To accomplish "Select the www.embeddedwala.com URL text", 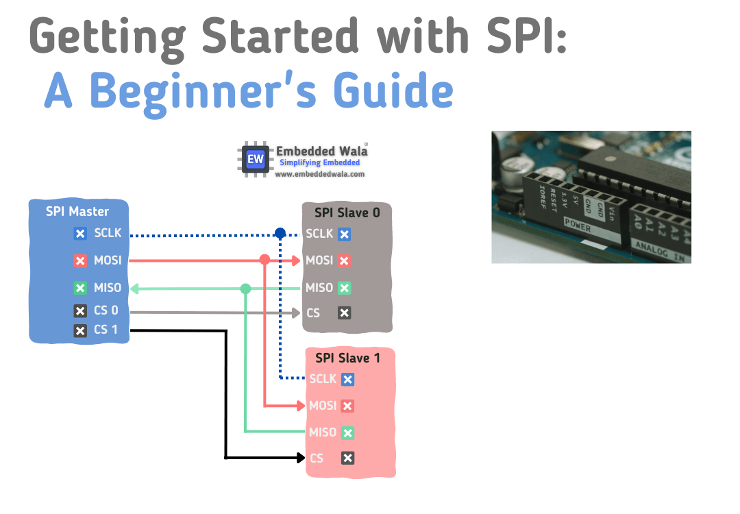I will tap(319, 175).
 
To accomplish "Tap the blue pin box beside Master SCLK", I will tap(80, 234).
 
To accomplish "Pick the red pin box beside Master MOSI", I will tap(80, 261).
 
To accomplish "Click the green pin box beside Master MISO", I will tap(80, 289).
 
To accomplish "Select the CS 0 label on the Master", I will tap(106, 310).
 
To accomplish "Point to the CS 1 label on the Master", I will tap(106, 330).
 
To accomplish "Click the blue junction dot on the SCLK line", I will tap(280, 234).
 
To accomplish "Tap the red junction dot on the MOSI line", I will tap(264, 260).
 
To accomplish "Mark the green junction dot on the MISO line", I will tap(245, 289).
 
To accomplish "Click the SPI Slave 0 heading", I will tap(347, 212).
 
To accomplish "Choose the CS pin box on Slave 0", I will tap(345, 313).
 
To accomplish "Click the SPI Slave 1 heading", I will tap(347, 358).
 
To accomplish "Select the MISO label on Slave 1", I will tap(323, 432).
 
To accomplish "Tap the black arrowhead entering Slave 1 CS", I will tap(301, 458).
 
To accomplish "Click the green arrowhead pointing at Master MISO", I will tap(134, 289).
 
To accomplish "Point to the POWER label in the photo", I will tap(577, 223).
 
